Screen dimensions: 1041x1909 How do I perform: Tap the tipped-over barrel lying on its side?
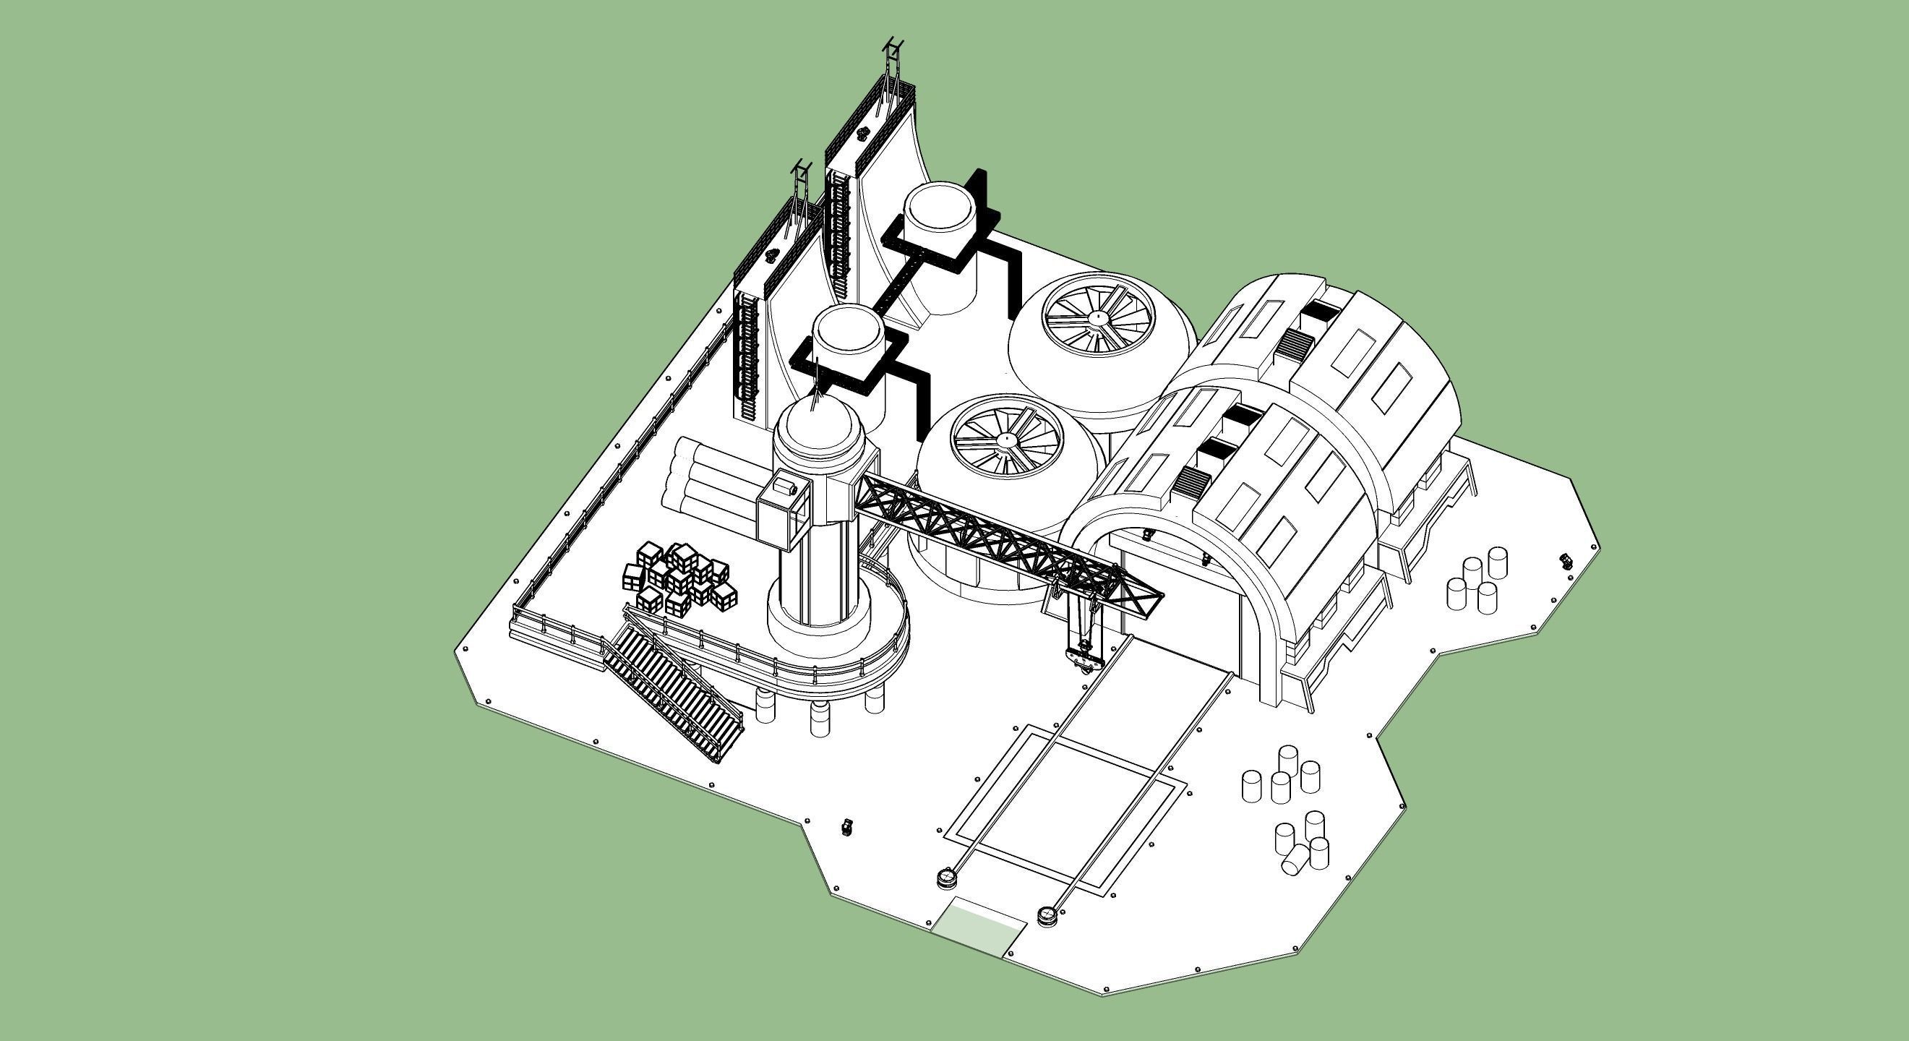1295,859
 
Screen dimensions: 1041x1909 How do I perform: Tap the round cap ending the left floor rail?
946,879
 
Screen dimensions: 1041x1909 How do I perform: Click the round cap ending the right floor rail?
1047,916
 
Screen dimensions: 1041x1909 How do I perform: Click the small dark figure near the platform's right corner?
1566,560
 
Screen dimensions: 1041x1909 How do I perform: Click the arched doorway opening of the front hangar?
1178,593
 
